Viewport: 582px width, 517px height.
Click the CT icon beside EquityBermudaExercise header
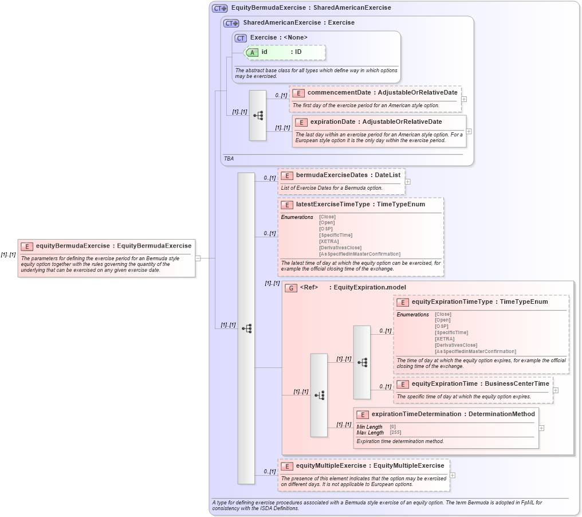(219, 8)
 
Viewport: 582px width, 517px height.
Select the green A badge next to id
(251, 52)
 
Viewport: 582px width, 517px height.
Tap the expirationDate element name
(333, 122)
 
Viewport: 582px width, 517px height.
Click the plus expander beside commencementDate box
(463, 99)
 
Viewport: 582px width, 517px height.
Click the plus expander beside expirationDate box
(469, 131)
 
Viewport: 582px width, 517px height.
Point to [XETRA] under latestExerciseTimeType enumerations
(329, 241)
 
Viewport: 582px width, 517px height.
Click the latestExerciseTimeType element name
(332, 204)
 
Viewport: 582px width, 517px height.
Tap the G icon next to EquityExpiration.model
(290, 288)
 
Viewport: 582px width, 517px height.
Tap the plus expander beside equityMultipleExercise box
(453, 475)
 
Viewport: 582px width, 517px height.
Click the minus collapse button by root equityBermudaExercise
(198, 258)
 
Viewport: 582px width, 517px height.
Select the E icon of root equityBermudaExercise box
(27, 246)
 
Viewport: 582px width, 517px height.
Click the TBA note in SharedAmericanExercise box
(228, 158)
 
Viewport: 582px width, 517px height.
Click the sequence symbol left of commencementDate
(258, 115)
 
